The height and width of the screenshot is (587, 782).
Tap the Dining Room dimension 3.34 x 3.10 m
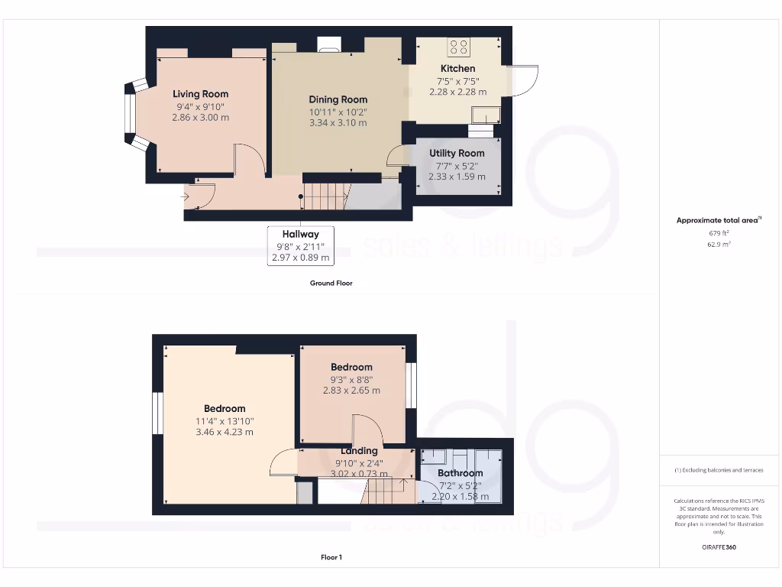point(338,122)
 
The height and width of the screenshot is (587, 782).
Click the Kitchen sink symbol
point(486,115)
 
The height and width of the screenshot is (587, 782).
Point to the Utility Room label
point(457,153)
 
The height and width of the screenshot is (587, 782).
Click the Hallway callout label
point(300,234)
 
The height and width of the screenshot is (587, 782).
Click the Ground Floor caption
point(331,283)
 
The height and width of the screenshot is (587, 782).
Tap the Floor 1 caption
point(331,557)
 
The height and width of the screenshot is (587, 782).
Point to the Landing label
point(359,451)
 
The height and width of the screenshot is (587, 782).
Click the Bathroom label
point(460,473)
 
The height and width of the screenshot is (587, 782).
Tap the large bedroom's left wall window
point(158,413)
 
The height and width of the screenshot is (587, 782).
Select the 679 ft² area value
point(718,233)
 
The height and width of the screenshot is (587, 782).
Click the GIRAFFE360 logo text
point(718,547)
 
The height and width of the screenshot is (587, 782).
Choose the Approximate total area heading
point(718,220)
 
